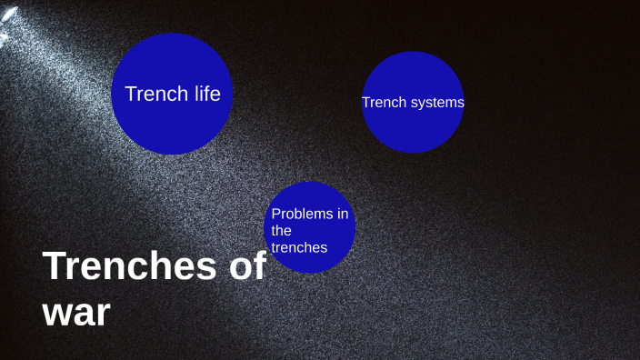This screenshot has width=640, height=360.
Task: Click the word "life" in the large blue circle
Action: coord(205,94)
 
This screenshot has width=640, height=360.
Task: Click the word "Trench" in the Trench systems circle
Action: coord(383,103)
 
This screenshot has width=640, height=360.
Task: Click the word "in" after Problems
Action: coord(343,214)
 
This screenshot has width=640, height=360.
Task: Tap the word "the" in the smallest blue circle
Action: coord(281,230)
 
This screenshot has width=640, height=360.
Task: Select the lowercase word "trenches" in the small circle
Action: coord(299,246)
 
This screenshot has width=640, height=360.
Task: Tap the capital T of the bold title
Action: coord(55,265)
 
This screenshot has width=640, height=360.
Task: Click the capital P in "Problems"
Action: coord(276,214)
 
